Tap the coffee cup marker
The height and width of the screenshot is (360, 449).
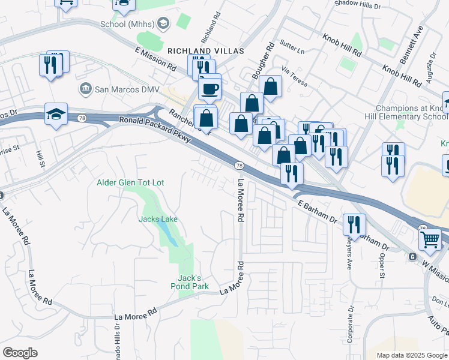209,88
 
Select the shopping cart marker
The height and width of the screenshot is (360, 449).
430,239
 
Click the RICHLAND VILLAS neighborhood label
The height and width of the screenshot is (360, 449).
206,52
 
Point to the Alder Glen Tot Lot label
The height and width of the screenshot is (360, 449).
130,182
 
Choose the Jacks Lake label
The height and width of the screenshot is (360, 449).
158,219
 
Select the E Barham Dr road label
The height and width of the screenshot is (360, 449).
317,212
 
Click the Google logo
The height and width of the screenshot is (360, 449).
20,353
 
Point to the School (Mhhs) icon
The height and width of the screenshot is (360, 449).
163,24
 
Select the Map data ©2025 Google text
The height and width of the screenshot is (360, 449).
412,355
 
